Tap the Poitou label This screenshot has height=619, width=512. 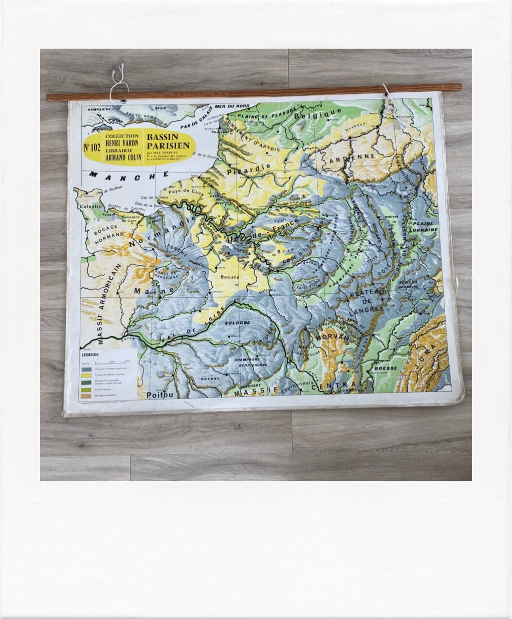click(x=160, y=395)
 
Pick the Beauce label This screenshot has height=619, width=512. click(x=230, y=277)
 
